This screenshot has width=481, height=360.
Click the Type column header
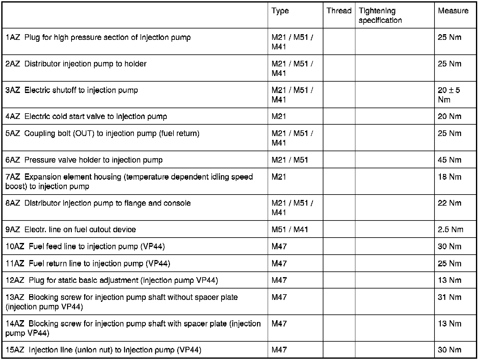(280, 11)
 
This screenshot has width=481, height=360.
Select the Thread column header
(339, 11)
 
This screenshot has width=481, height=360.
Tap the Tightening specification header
(380, 16)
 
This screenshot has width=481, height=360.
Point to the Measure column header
(453, 11)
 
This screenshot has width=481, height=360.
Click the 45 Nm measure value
(449, 160)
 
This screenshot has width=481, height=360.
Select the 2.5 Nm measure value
(450, 229)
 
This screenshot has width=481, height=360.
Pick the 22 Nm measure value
(449, 203)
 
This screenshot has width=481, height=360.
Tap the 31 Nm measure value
(449, 297)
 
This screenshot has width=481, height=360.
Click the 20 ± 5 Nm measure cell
(449, 95)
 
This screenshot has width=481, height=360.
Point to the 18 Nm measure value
(449, 177)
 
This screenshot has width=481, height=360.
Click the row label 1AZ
(13, 37)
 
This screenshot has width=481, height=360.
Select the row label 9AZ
(13, 229)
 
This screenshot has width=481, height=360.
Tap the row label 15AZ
(15, 350)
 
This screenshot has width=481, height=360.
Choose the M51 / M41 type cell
(290, 229)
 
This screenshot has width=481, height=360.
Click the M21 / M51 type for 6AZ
(290, 160)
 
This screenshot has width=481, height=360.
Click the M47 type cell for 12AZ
(279, 280)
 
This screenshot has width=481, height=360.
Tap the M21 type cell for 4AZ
(279, 116)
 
